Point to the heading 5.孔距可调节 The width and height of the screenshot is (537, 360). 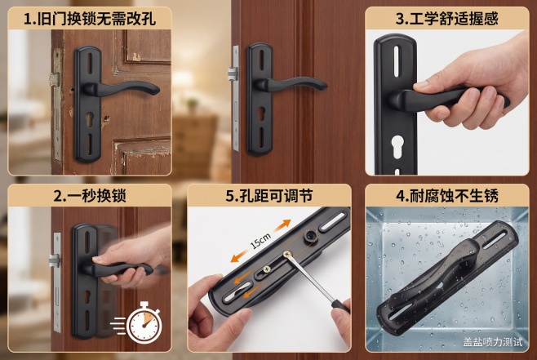(269, 196)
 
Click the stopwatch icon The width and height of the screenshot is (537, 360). (144, 324)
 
